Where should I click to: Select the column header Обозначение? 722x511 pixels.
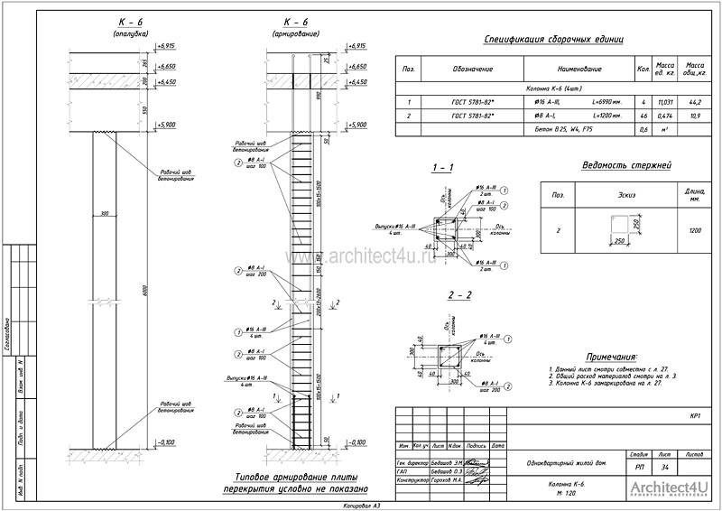[472, 69]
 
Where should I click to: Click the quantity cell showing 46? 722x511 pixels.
[643, 116]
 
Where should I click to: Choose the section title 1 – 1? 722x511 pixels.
[442, 169]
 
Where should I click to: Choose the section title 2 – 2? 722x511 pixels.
[442, 295]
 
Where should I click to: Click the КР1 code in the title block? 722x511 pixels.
[695, 416]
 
